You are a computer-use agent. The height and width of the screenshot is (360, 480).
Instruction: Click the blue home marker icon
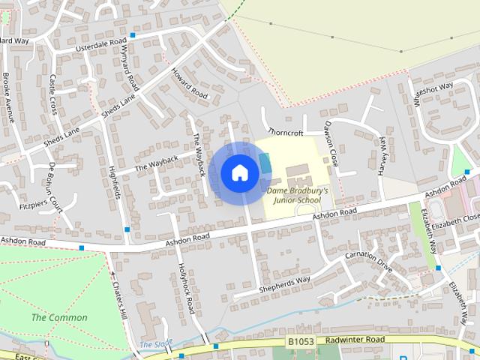point(240,173)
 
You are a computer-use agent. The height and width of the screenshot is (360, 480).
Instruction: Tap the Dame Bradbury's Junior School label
point(298,196)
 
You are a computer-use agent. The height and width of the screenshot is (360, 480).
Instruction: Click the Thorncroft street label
point(285,133)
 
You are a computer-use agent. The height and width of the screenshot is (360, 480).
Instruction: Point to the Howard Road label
point(189,85)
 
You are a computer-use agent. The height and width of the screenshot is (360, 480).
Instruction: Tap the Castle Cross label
point(53,94)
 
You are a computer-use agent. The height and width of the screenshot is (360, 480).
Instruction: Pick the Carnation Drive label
point(368,261)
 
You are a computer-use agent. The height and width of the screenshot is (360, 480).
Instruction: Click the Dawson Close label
point(331,143)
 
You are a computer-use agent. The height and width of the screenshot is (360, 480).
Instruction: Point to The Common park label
point(59,317)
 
